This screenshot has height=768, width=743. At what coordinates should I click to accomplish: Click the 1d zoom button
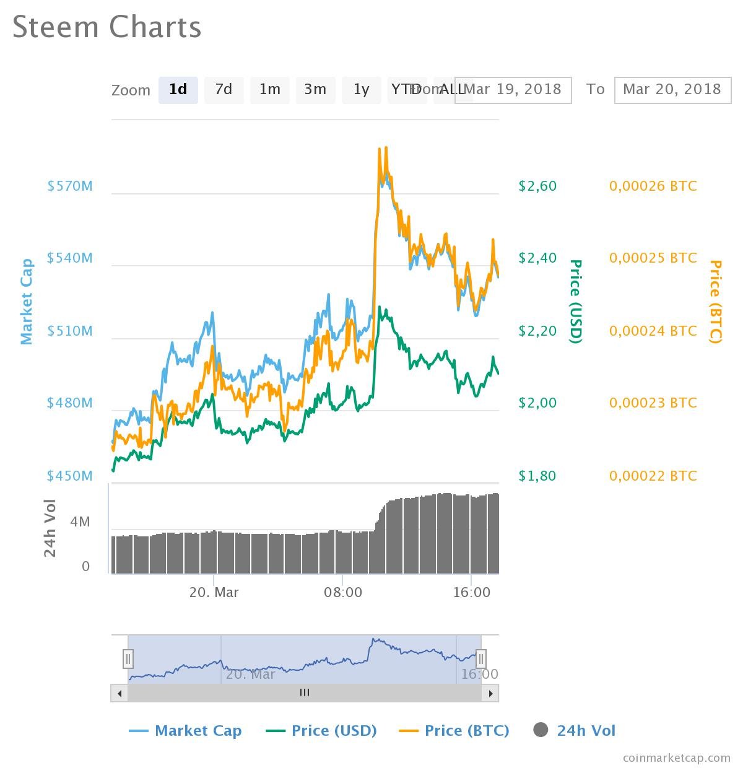coord(178,90)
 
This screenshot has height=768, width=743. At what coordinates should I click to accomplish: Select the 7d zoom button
coord(224,90)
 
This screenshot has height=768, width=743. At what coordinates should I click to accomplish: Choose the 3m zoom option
coord(315,90)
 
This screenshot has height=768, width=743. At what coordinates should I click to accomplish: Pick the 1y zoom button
coord(361,90)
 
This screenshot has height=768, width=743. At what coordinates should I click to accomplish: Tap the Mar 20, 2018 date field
coord(672,90)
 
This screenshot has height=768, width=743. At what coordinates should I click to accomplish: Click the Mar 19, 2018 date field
coord(514,90)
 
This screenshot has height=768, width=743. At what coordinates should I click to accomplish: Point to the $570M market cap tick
coord(70,186)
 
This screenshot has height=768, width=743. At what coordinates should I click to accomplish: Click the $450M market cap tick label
coord(70,476)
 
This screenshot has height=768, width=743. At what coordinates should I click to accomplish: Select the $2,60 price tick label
coord(537,186)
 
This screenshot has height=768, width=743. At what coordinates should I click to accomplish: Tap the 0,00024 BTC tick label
coord(653,331)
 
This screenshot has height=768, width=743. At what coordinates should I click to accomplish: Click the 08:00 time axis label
coord(343,592)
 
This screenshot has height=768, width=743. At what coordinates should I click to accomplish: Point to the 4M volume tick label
coord(80,522)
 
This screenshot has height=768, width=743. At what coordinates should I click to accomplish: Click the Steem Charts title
coord(107,27)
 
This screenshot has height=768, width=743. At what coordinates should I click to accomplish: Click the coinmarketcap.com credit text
coord(676,757)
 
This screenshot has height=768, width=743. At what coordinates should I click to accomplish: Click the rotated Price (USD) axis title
coord(576,301)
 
